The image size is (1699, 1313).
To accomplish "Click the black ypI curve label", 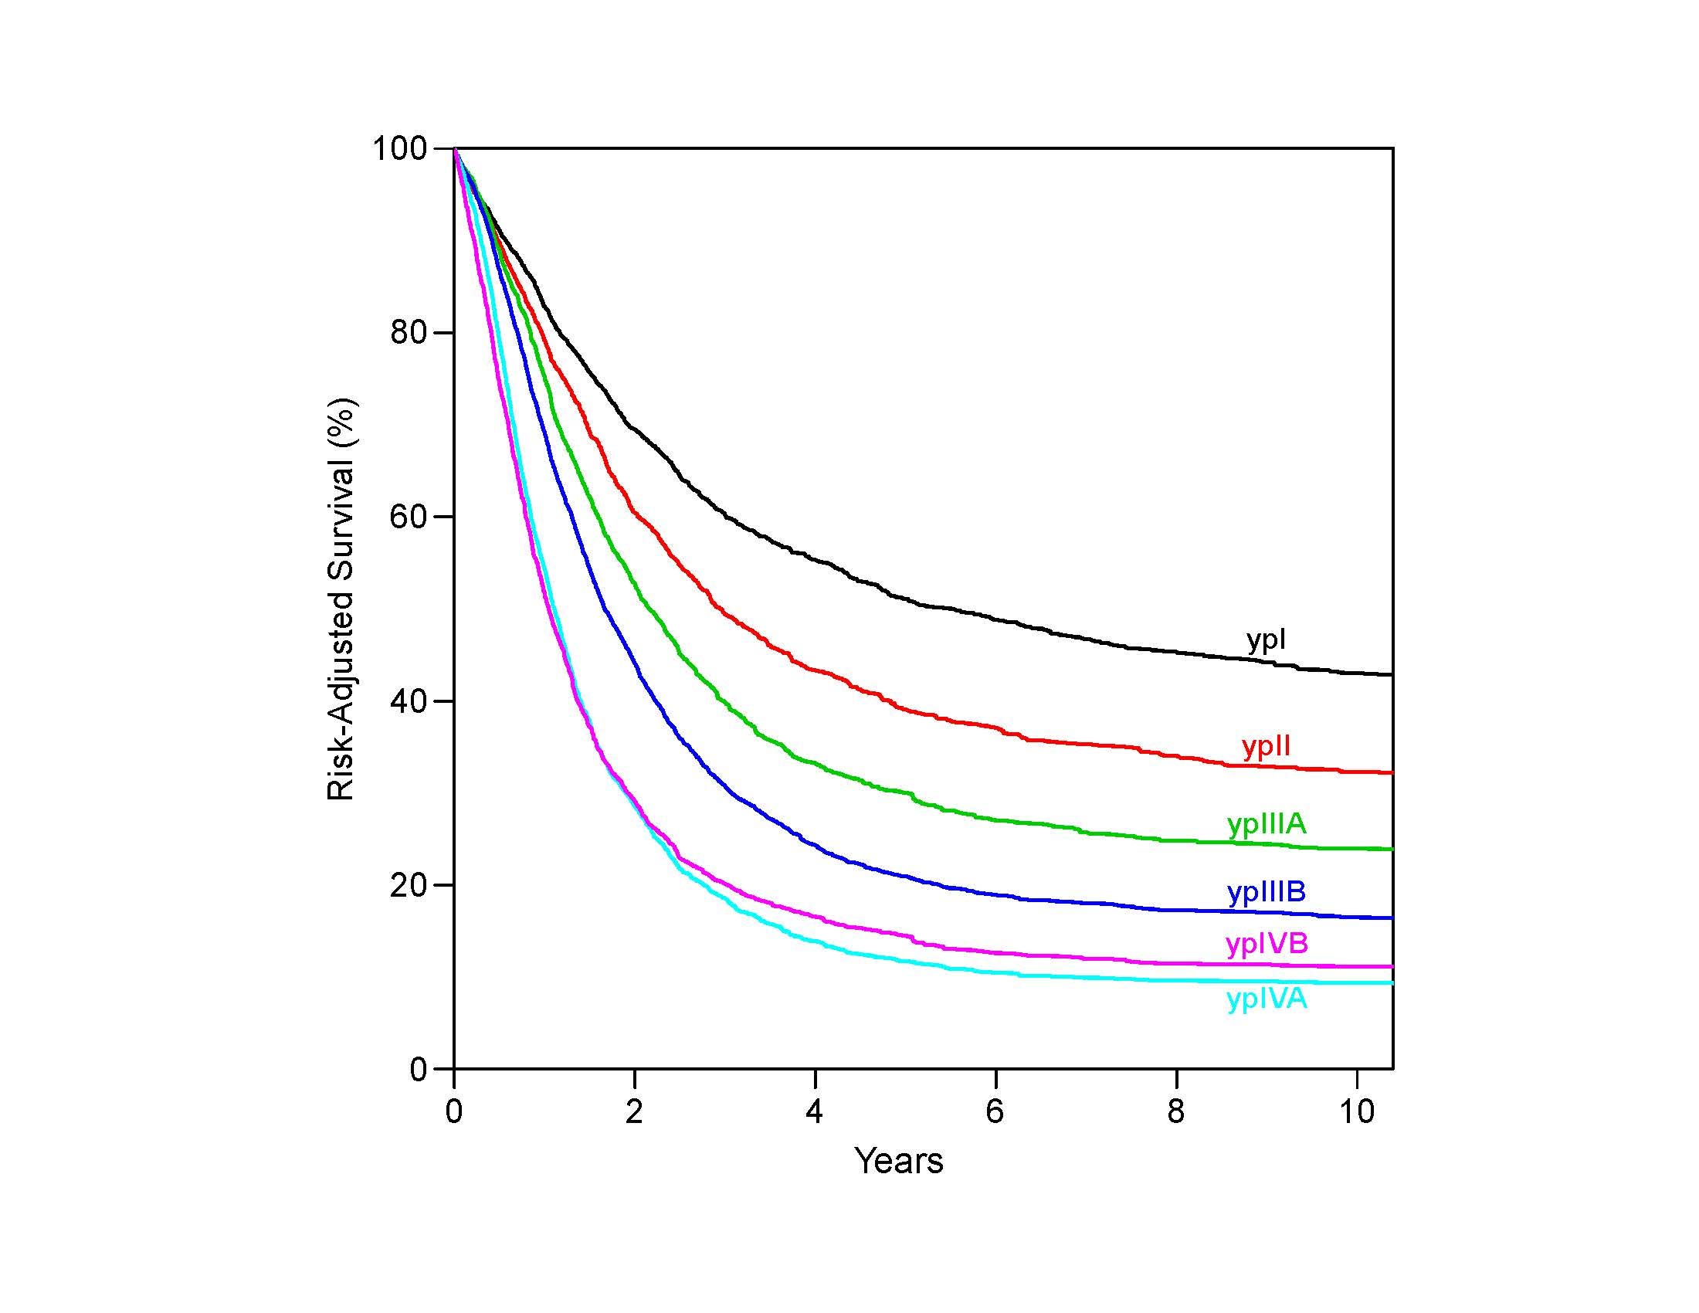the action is pyautogui.click(x=1266, y=640).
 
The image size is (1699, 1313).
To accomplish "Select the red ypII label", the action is pyautogui.click(x=1267, y=747).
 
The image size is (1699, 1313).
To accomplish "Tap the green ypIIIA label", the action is pyautogui.click(x=1267, y=825).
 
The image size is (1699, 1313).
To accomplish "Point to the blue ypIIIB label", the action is pyautogui.click(x=1267, y=892).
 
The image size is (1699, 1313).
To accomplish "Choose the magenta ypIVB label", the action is pyautogui.click(x=1267, y=945).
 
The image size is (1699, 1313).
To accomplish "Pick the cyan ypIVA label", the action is pyautogui.click(x=1267, y=999).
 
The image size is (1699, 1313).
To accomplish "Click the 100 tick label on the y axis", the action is pyautogui.click(x=401, y=148).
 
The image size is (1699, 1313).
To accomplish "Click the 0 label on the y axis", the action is pyautogui.click(x=420, y=1070).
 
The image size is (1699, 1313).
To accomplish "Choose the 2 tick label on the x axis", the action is pyautogui.click(x=635, y=1111).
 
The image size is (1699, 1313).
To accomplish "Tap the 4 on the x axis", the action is pyautogui.click(x=815, y=1111).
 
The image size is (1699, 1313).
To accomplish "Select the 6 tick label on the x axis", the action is pyautogui.click(x=995, y=1111).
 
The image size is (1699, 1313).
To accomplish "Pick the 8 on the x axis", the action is pyautogui.click(x=1176, y=1111).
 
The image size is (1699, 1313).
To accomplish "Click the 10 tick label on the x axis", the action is pyautogui.click(x=1357, y=1111).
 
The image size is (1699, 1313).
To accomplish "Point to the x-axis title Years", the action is pyautogui.click(x=899, y=1162).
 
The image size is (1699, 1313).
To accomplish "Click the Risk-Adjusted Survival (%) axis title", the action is pyautogui.click(x=341, y=599).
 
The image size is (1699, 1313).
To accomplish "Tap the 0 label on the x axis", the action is pyautogui.click(x=454, y=1111).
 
